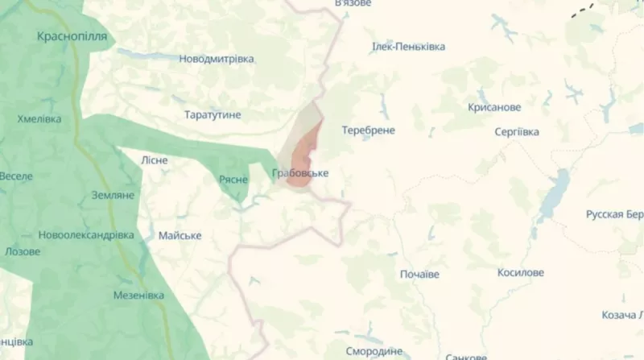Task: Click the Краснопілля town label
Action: tap(72, 37)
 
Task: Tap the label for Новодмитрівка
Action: tap(217, 59)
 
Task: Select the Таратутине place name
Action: tap(213, 115)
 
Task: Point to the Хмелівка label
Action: tap(39, 118)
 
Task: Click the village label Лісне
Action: tap(155, 159)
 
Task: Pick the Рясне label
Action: tap(233, 179)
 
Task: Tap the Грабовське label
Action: tap(300, 173)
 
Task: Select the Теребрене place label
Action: tap(368, 130)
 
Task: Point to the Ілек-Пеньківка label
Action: tap(408, 47)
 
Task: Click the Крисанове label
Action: tap(494, 107)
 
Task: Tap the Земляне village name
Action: tap(113, 195)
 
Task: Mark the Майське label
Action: tap(180, 235)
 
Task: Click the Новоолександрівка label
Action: tap(86, 235)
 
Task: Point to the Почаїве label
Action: tap(419, 275)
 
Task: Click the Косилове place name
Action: tap(521, 273)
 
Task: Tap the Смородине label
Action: tap(374, 352)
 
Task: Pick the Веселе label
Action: tap(16, 176)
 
